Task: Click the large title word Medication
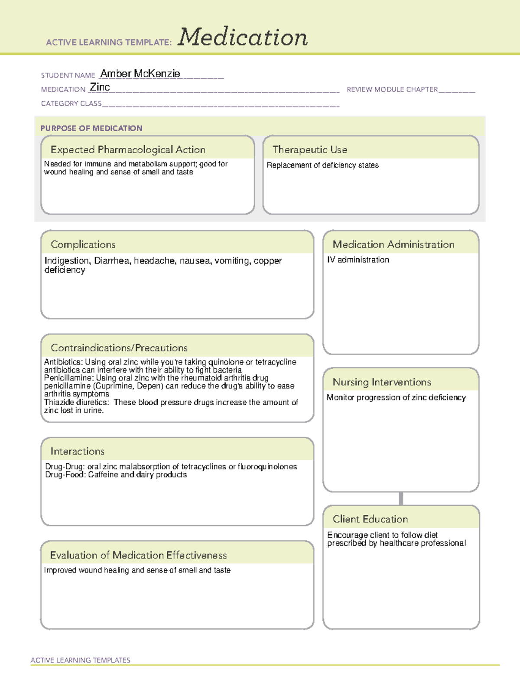[x=243, y=37]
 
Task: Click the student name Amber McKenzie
[x=140, y=74]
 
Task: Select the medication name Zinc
[x=100, y=87]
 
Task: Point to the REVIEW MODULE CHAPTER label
[x=392, y=89]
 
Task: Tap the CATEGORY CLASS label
[x=71, y=104]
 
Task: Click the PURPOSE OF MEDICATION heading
[x=91, y=128]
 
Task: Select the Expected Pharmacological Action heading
[x=128, y=150]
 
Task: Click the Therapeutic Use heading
[x=309, y=150]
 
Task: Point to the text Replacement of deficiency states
[x=322, y=165]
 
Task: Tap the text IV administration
[x=358, y=260]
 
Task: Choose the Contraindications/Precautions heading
[x=119, y=348]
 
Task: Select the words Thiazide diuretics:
[x=76, y=402]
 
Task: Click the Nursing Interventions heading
[x=381, y=382]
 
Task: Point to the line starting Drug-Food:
[x=116, y=475]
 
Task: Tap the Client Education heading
[x=370, y=519]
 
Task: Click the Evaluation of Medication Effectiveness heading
[x=138, y=555]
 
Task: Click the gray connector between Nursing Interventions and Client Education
[x=401, y=499]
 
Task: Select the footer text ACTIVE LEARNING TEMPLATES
[x=80, y=660]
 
